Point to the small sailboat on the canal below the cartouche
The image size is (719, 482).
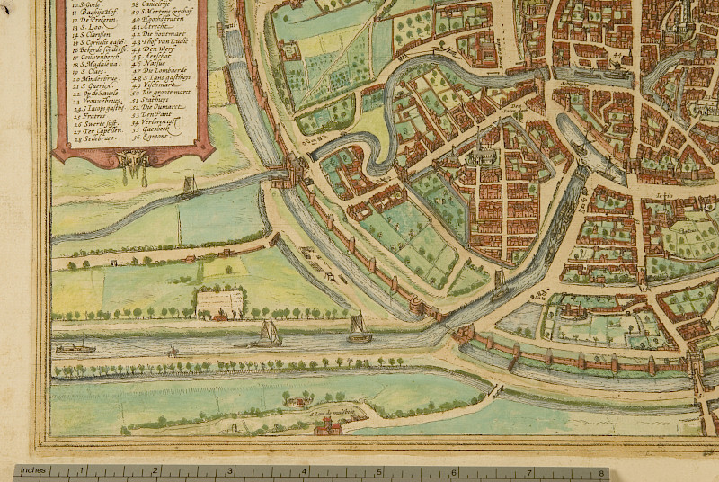coord(190,187)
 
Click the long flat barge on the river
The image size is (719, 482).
coord(75,346)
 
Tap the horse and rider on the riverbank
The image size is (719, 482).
coord(171,352)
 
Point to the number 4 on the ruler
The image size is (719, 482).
coord(308,471)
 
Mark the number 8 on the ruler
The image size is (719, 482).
coord(601,471)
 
